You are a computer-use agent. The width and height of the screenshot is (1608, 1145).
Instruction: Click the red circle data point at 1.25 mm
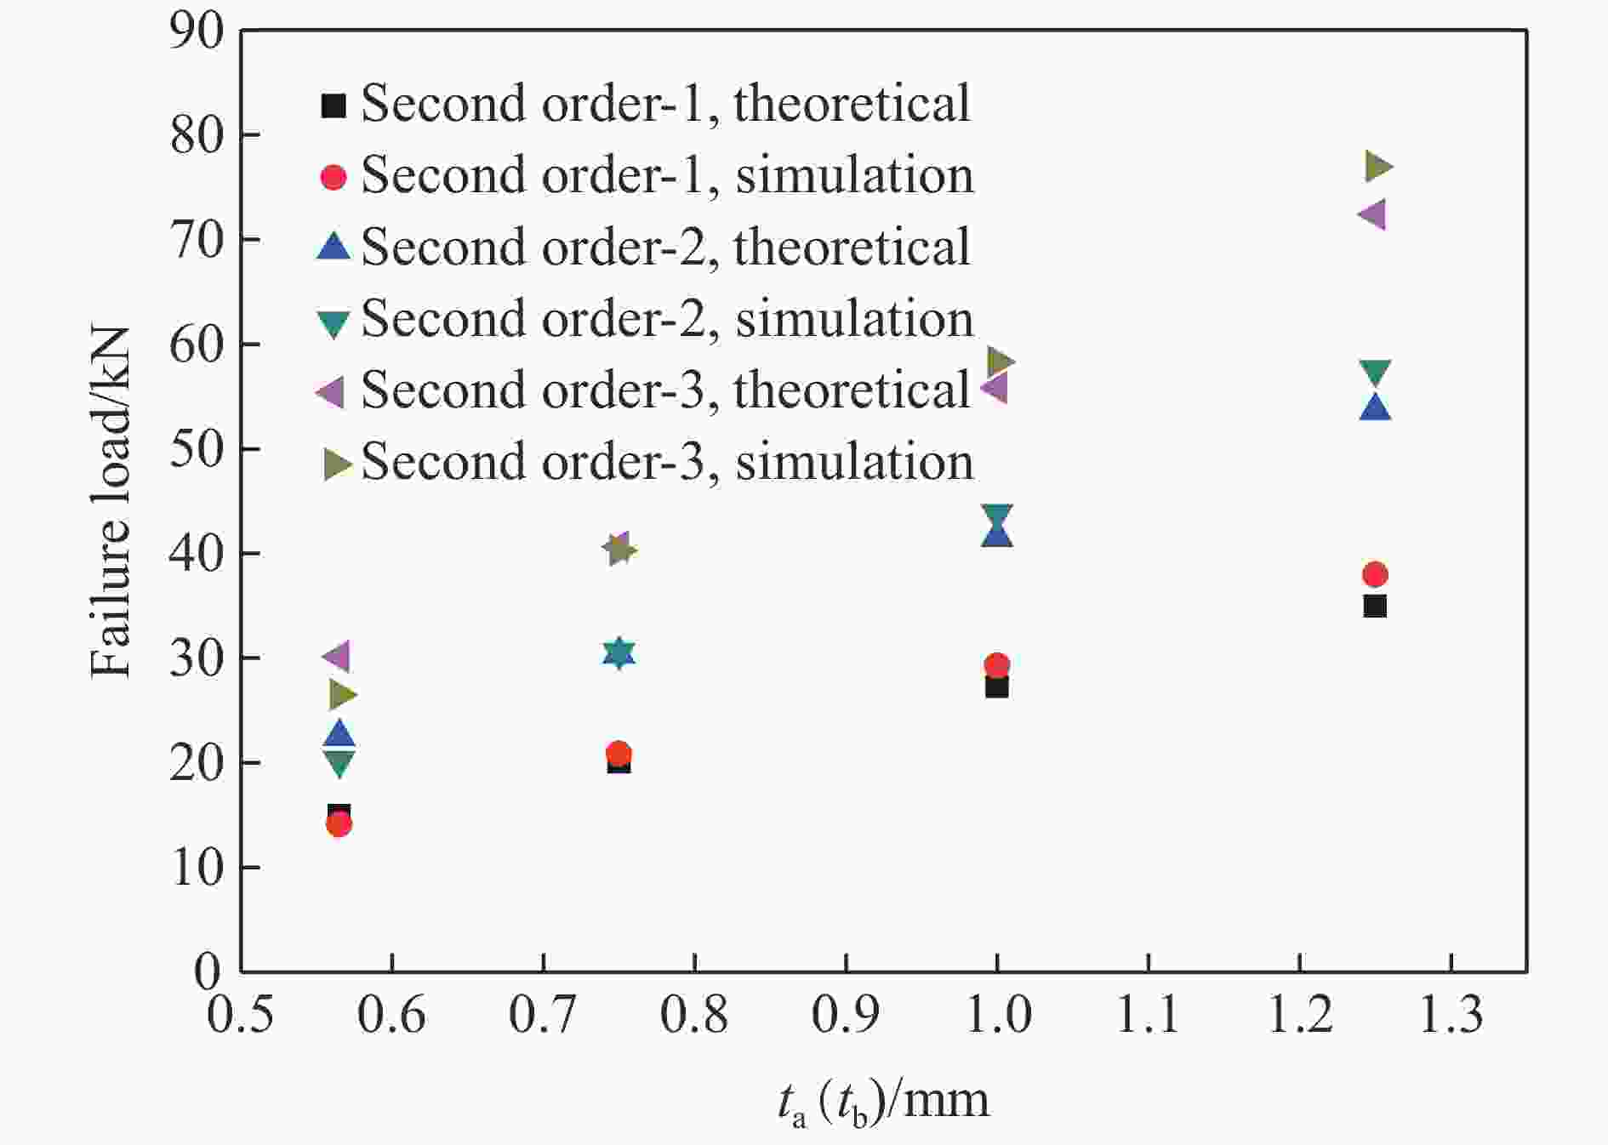pyautogui.click(x=1375, y=574)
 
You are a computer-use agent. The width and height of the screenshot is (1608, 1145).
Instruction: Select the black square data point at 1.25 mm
pyautogui.click(x=1375, y=607)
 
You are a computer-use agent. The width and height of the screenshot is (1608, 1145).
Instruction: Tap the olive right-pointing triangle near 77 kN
pyautogui.click(x=1378, y=167)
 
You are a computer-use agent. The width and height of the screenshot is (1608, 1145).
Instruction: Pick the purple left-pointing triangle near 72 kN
pyautogui.click(x=1372, y=214)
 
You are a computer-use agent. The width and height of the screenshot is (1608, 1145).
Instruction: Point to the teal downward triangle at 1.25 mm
pyautogui.click(x=1375, y=372)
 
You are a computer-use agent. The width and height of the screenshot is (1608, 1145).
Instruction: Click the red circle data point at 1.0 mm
pyautogui.click(x=997, y=664)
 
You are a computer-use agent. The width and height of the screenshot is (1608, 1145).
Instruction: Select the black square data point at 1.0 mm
pyautogui.click(x=997, y=686)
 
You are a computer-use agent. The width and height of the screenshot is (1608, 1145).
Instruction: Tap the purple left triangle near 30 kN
pyautogui.click(x=336, y=656)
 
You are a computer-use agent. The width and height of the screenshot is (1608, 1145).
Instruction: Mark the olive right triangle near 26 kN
pyautogui.click(x=342, y=695)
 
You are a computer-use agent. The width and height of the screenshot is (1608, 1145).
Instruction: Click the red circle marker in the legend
pyautogui.click(x=334, y=177)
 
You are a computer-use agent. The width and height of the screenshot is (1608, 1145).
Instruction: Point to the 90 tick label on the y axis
pyautogui.click(x=197, y=32)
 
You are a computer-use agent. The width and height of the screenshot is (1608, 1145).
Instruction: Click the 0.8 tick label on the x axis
pyautogui.click(x=694, y=1015)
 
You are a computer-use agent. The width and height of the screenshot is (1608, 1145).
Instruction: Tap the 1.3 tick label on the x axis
pyautogui.click(x=1451, y=1015)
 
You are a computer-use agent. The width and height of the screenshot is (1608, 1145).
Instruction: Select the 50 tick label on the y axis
pyautogui.click(x=197, y=449)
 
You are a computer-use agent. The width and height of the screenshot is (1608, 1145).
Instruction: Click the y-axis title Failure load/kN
pyautogui.click(x=111, y=502)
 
